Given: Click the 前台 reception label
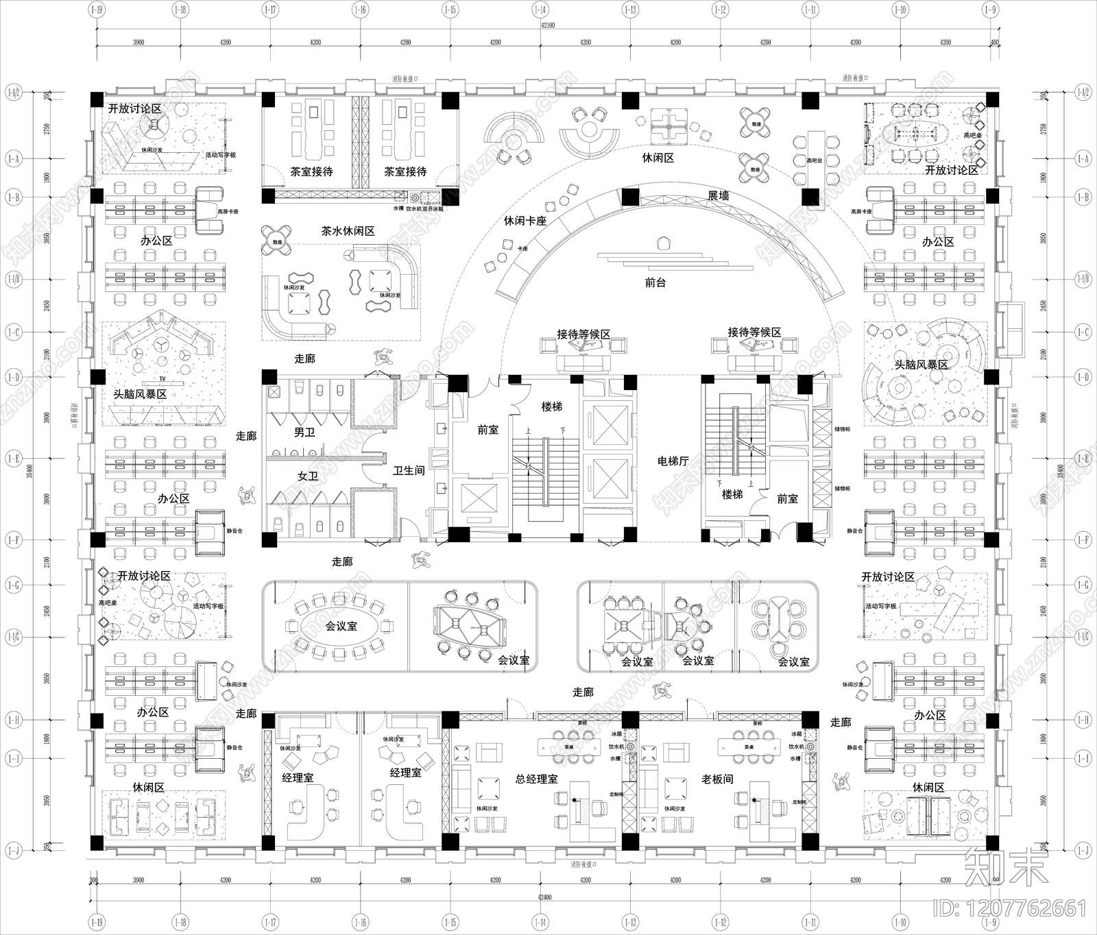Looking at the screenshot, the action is [655, 282].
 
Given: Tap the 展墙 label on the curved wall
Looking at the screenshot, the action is [718, 196].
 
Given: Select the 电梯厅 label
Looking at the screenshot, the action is [673, 461].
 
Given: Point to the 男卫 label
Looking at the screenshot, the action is [304, 433].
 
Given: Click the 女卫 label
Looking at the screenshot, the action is [308, 475].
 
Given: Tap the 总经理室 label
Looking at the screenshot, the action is [536, 779].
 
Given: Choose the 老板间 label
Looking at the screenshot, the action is [717, 779].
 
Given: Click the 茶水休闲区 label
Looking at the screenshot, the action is [348, 232].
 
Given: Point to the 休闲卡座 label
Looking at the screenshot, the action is [525, 221].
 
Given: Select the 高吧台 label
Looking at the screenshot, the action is [813, 160].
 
